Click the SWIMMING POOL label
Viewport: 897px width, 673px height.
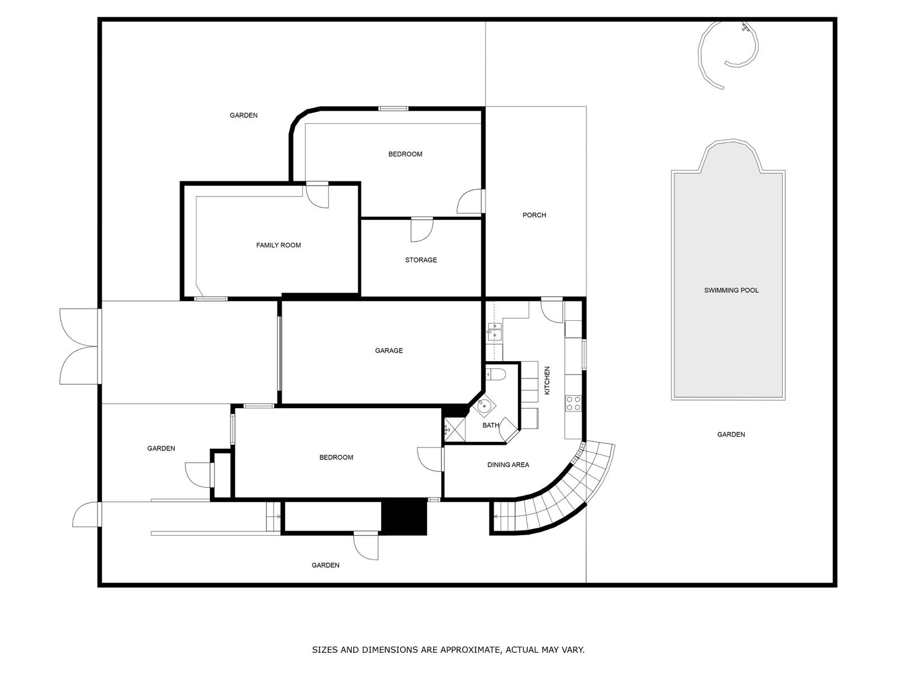pos(731,291)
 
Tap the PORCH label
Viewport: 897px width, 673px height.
pos(534,215)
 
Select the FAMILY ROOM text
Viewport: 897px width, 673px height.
pos(278,245)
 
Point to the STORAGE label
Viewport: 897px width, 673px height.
pos(421,260)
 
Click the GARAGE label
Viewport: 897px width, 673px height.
pos(389,351)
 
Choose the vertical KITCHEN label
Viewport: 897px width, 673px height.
pos(547,380)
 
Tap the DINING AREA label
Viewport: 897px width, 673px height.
pos(508,464)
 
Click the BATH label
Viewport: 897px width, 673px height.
pos(491,425)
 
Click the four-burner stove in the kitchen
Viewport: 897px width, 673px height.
pos(574,403)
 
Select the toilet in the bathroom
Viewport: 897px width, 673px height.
pos(496,374)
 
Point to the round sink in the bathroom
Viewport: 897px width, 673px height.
pos(484,405)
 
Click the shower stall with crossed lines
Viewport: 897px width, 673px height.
pos(455,430)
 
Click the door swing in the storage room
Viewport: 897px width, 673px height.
pos(422,230)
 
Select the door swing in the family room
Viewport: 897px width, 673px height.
pos(317,196)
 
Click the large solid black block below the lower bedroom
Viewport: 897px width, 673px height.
pos(404,518)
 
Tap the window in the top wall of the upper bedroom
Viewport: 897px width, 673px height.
pos(393,109)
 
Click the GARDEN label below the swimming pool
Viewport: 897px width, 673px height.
pos(731,434)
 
